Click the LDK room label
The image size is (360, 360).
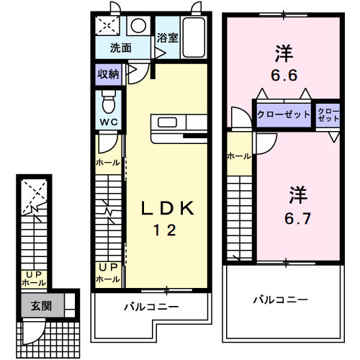pyautogui.click(x=166, y=209)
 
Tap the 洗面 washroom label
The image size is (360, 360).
pyautogui.click(x=120, y=49)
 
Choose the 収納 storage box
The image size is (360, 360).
pyautogui.click(x=109, y=74)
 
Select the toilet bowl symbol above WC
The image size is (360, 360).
pyautogui.click(x=109, y=97)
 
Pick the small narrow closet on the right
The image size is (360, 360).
pyautogui.click(x=328, y=114)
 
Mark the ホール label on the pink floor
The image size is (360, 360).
pyautogui.click(x=239, y=156)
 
